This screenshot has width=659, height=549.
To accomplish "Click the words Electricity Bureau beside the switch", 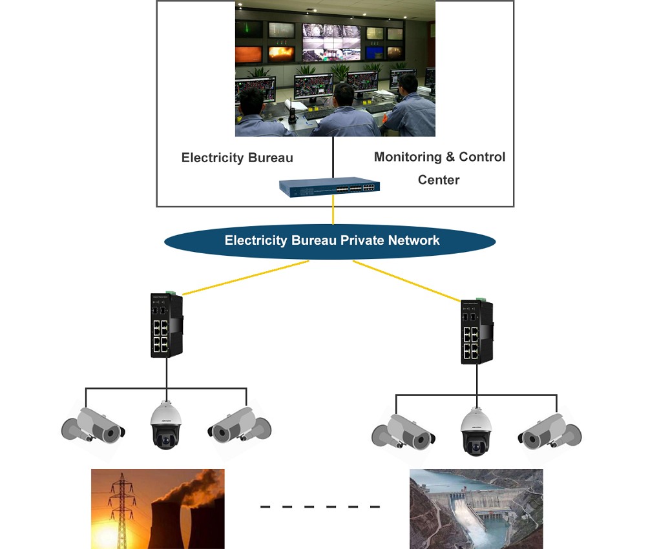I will point(237,158).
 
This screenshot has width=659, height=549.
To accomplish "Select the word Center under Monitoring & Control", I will point(439,180).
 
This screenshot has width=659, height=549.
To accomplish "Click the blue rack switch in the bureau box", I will point(329,187).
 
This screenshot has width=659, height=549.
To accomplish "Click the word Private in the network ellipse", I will point(362,241).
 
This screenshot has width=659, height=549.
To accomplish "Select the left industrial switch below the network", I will point(166,326).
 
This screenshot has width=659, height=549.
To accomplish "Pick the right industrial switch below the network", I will point(476,331).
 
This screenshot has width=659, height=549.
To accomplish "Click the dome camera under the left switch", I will point(166,425).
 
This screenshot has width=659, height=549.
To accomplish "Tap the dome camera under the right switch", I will point(476,431).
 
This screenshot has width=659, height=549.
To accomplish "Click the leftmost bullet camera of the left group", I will point(92,424).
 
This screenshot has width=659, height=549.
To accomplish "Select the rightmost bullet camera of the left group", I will point(239,424).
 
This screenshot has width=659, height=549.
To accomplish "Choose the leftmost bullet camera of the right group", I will point(403,431).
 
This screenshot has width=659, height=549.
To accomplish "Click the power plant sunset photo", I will point(158,509).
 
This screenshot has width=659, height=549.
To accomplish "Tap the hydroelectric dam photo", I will point(476,509).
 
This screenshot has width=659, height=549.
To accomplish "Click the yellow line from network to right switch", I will point(407,280).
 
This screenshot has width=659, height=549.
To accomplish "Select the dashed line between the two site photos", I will point(320,506).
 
